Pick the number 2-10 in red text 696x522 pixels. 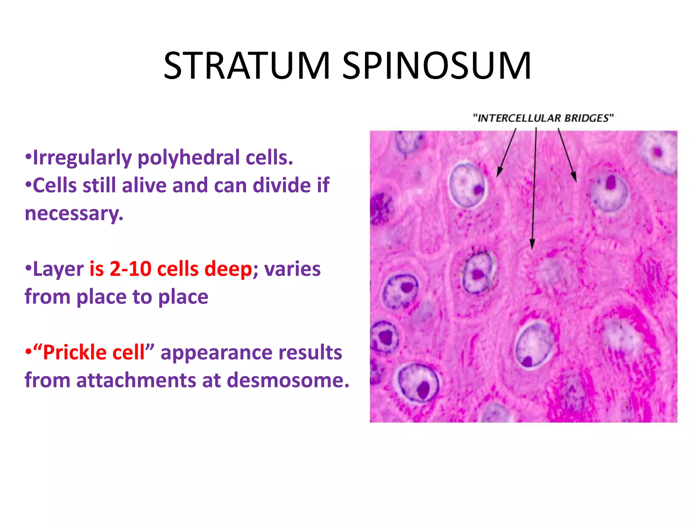[x=130, y=269]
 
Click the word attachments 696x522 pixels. [x=136, y=380]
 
